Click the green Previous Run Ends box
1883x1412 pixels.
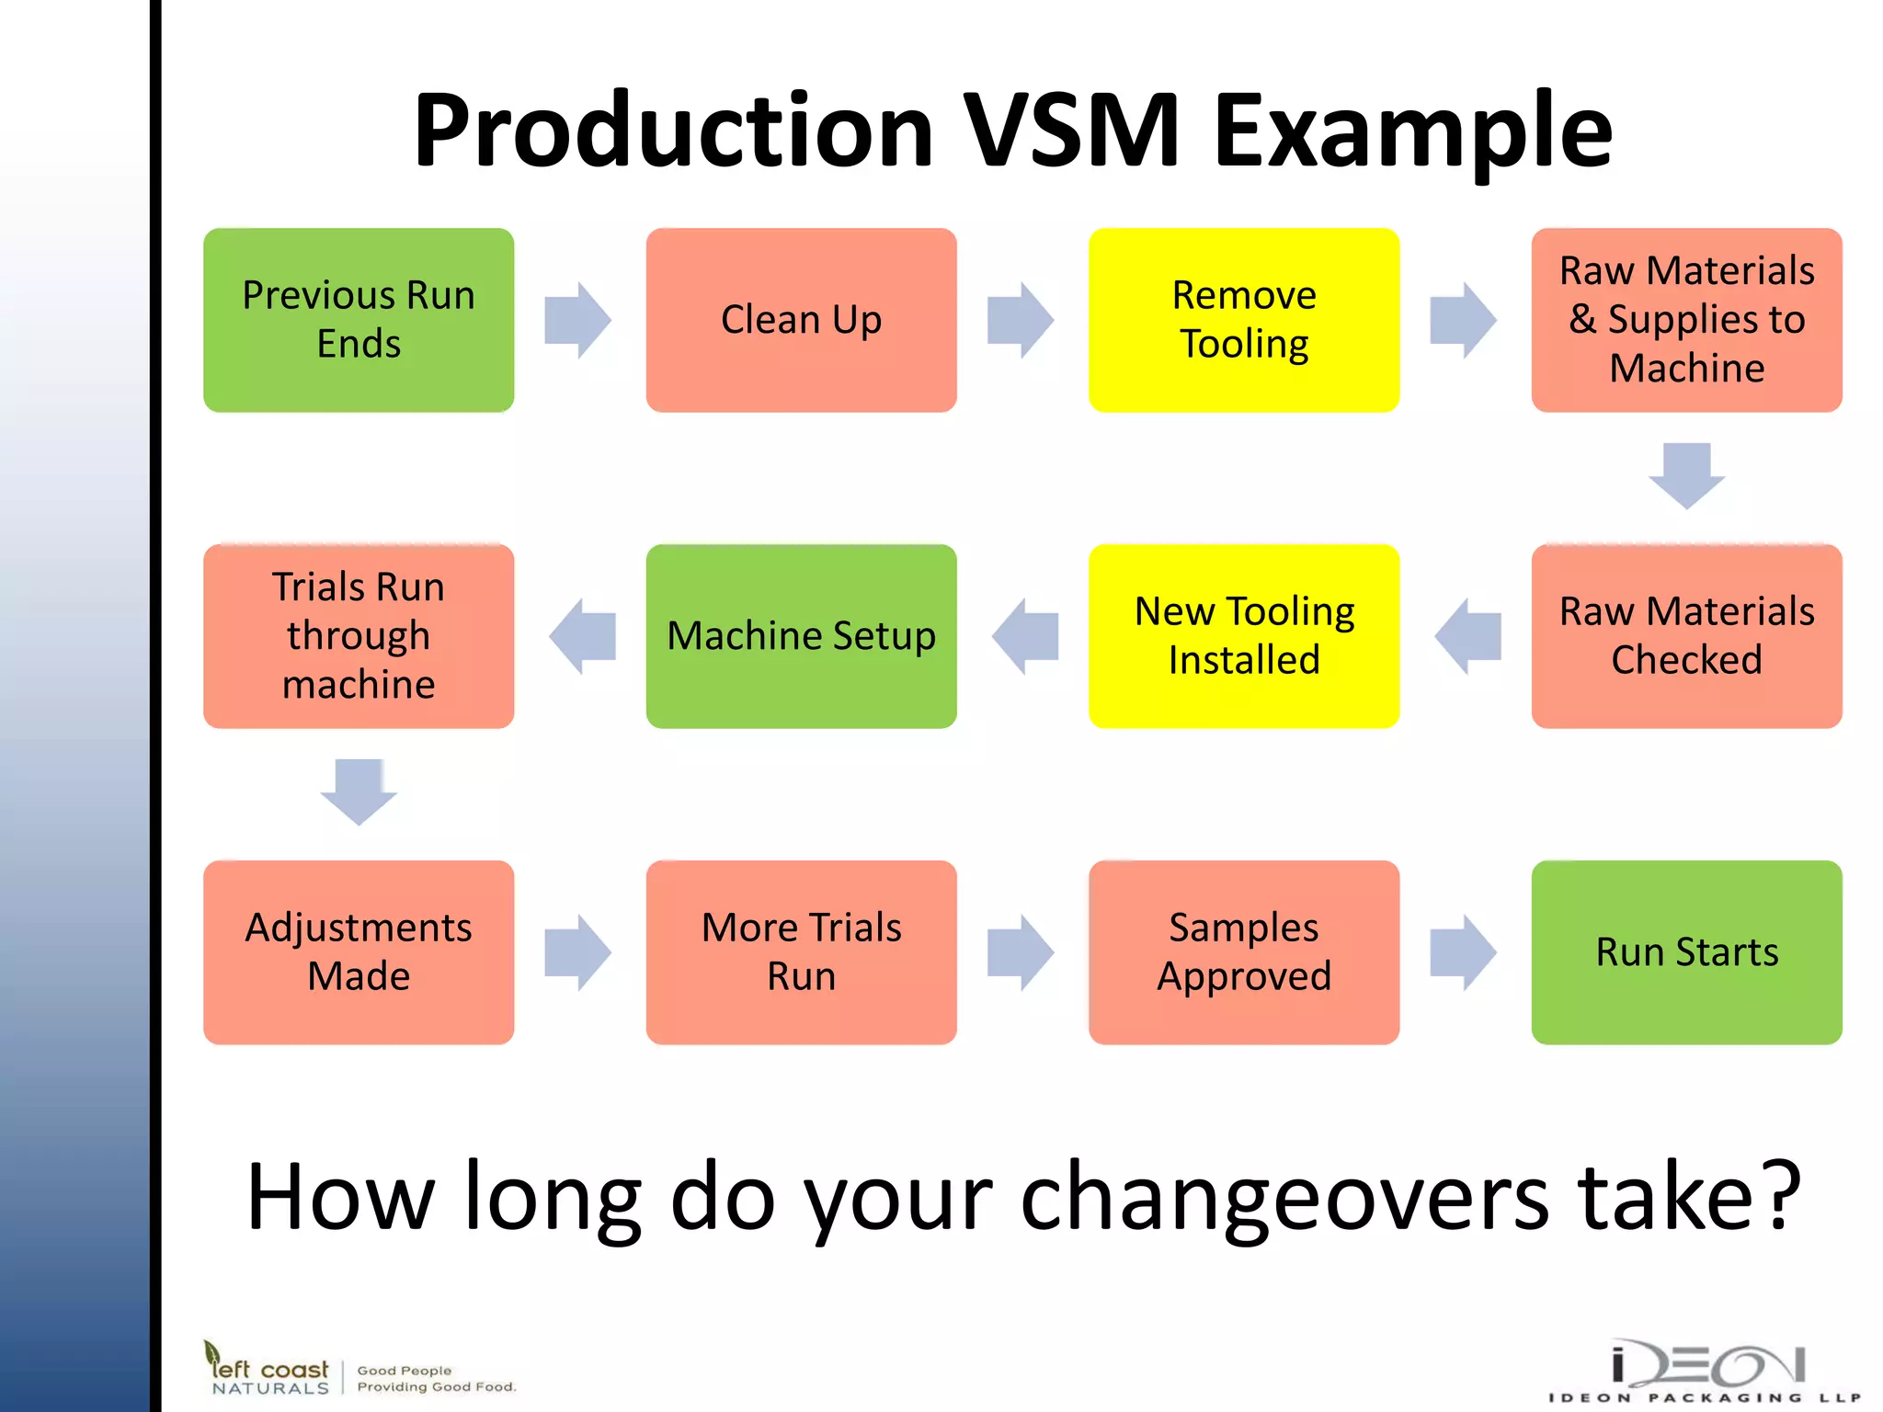(x=359, y=320)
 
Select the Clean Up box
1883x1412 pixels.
(x=801, y=320)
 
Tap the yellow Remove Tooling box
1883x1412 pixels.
(x=1244, y=320)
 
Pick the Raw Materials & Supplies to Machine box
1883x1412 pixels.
(x=1686, y=320)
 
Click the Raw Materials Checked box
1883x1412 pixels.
(x=1686, y=636)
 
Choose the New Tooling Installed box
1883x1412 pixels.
(x=1244, y=636)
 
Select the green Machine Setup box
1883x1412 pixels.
(x=801, y=636)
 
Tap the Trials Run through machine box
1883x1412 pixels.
(x=359, y=636)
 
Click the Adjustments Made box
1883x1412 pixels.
(x=359, y=952)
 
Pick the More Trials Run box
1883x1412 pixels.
(x=801, y=952)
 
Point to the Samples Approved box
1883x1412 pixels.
(x=1244, y=952)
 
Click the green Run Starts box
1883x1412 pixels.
(x=1686, y=952)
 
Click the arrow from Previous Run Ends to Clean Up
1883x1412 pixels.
(x=577, y=320)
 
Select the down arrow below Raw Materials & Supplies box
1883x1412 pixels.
(x=1686, y=475)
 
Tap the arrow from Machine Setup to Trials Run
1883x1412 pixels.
(x=583, y=636)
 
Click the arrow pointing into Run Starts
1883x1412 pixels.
(x=1463, y=952)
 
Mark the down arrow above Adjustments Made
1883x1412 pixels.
(x=359, y=791)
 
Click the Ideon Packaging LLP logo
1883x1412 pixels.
(x=1706, y=1370)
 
